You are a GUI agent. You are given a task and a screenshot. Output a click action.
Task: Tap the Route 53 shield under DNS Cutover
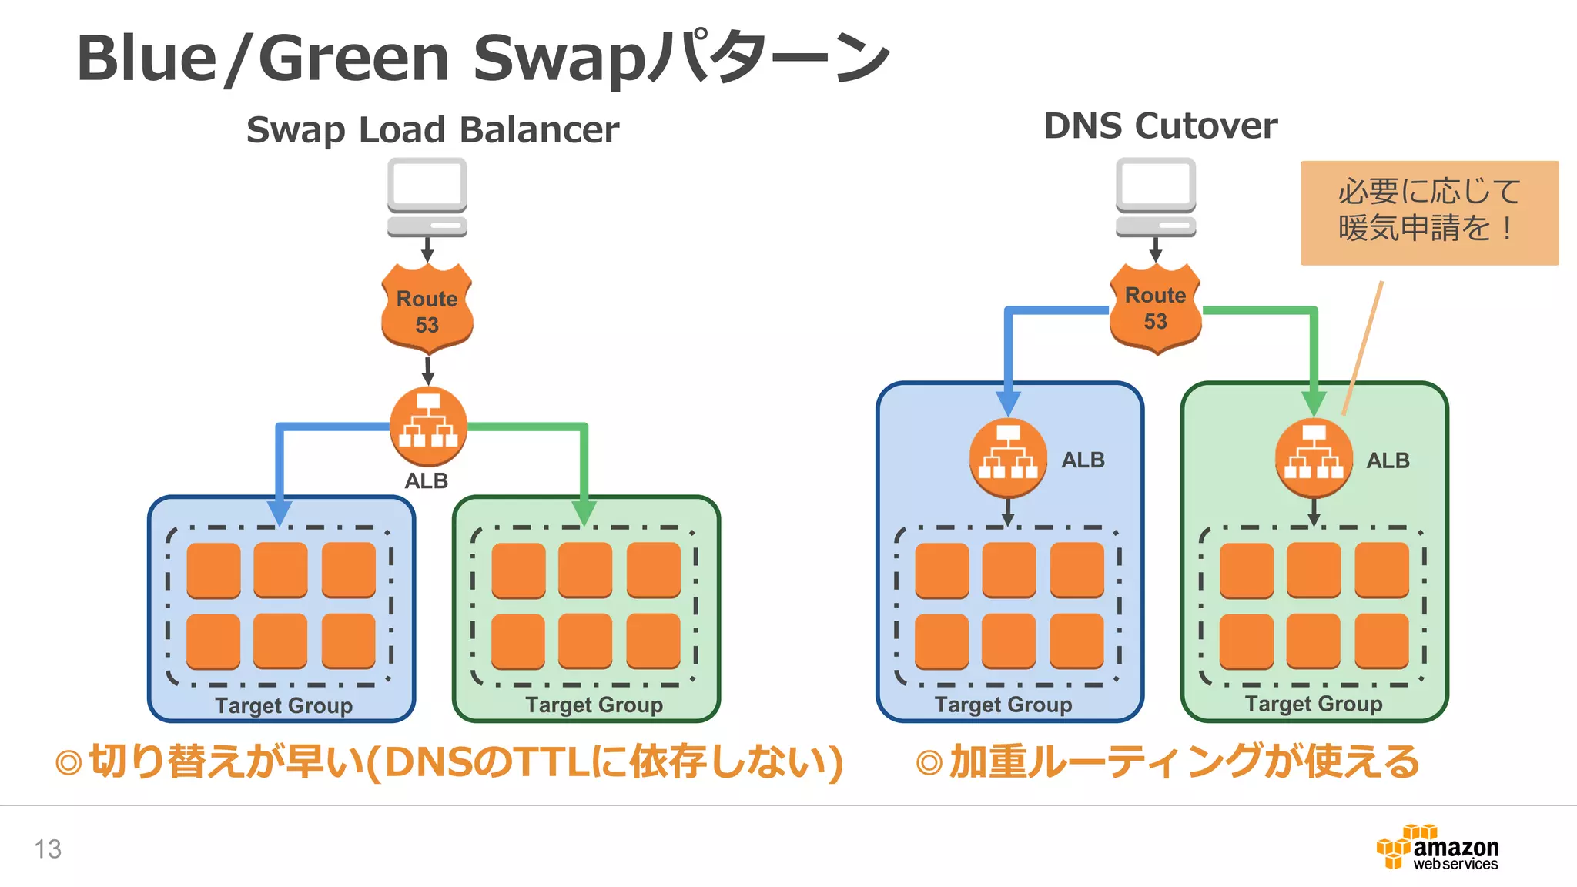point(1155,308)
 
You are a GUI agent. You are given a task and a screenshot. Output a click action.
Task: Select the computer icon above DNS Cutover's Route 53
point(1155,197)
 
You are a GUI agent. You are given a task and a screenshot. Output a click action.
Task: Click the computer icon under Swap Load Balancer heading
point(427,197)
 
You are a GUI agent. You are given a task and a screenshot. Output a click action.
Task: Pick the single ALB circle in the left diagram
point(428,426)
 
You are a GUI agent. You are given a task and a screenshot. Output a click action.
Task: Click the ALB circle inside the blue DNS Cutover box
point(1007,457)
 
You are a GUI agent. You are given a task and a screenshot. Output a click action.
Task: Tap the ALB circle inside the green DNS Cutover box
point(1313,457)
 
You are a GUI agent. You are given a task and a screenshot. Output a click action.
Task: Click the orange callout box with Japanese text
point(1429,212)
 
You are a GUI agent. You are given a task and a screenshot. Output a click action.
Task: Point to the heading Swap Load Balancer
point(432,129)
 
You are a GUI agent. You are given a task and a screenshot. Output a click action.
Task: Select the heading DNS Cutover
point(1160,126)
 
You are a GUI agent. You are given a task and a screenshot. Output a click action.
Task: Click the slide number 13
point(48,849)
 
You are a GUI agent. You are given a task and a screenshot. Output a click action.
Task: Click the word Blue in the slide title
point(146,59)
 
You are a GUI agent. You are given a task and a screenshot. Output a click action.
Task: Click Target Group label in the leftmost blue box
point(283,705)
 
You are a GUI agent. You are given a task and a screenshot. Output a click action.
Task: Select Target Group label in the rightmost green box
point(1313,704)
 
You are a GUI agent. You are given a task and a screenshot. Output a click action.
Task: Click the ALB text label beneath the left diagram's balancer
point(426,480)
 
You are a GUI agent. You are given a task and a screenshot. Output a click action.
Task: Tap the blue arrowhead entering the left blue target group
point(280,512)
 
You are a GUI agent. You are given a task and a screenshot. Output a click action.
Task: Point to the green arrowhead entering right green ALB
point(1313,403)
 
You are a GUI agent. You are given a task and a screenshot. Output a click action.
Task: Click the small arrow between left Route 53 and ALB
point(427,371)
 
